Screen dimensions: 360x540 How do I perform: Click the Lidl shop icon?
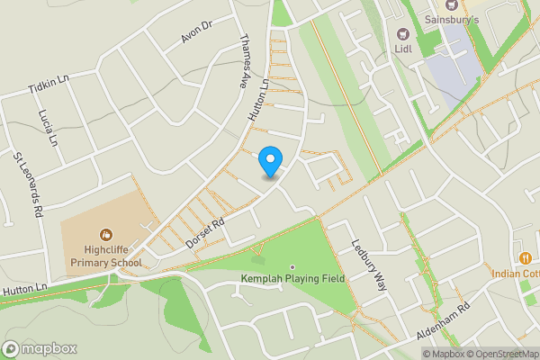[x=402, y=33]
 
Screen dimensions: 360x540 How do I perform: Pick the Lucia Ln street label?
[x=49, y=129]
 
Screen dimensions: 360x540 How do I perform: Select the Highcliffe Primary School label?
[x=106, y=256]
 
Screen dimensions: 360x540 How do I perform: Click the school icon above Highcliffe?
[x=106, y=235]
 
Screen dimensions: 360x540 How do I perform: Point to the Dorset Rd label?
[x=205, y=231]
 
